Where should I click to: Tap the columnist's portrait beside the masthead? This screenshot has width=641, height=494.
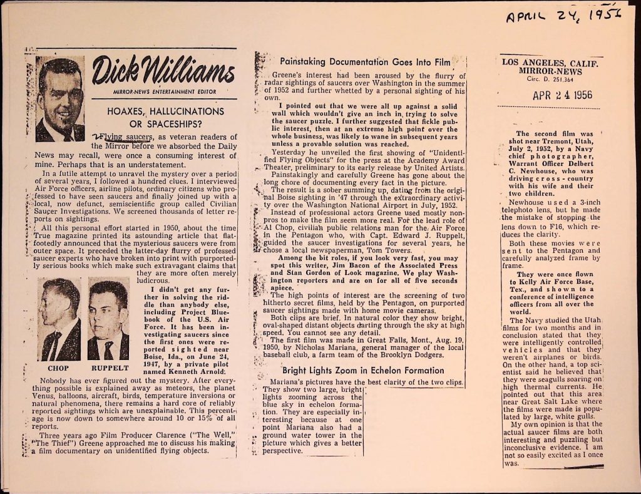pyautogui.click(x=60, y=99)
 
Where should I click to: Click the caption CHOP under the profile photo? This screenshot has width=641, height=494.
pyautogui.click(x=58, y=368)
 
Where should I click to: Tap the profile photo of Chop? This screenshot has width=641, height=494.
pyautogui.click(x=60, y=319)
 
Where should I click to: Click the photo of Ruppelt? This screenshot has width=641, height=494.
pyautogui.click(x=108, y=319)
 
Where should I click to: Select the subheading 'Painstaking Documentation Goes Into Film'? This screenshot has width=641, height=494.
pyautogui.click(x=365, y=63)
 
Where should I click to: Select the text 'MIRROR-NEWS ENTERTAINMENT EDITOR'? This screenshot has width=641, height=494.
pyautogui.click(x=163, y=91)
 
